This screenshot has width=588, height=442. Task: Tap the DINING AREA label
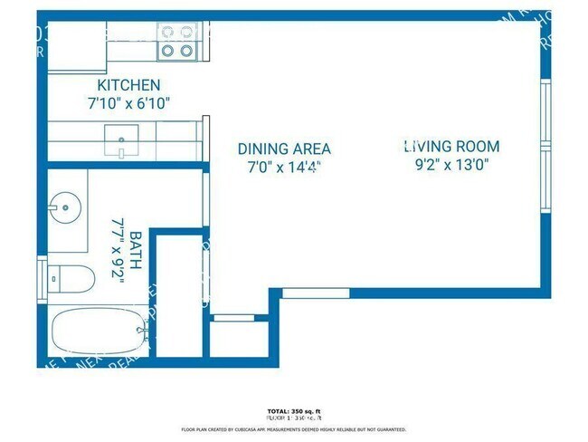coord(283,149)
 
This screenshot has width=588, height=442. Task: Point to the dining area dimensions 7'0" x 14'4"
coord(283,167)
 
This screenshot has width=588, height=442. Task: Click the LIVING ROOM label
coord(451,146)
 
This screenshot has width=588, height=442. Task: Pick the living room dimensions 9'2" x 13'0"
coord(451,165)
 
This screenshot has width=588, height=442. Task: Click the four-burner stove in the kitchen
coord(177,42)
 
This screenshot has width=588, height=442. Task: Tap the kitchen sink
coord(120,139)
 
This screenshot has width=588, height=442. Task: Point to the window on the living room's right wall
coord(545,145)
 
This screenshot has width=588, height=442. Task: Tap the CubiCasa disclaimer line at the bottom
coord(294,429)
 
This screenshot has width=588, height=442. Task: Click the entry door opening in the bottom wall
coord(315,293)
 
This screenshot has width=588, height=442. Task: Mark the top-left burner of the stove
coord(167,32)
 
